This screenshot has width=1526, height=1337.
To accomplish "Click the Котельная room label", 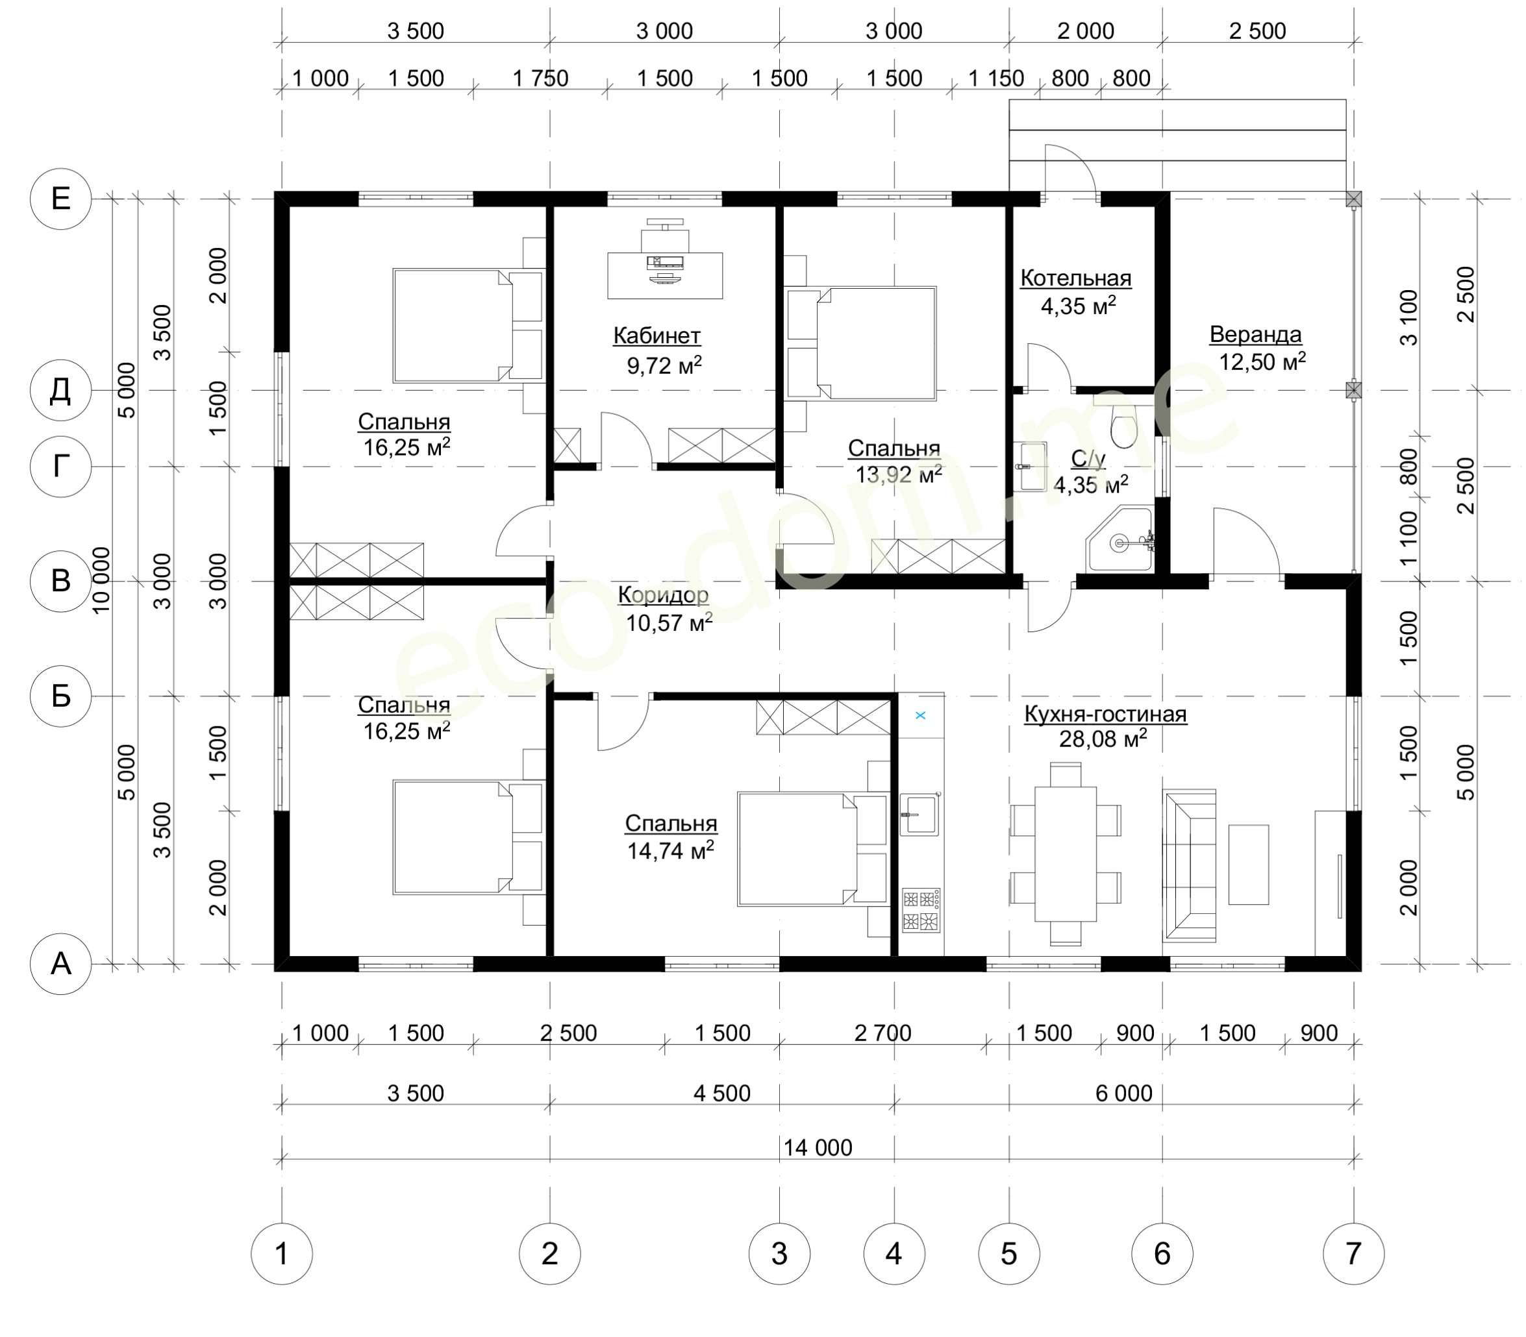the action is tap(1076, 278).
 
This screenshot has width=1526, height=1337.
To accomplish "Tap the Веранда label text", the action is tap(1255, 334).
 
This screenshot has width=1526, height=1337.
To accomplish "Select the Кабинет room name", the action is tap(657, 336).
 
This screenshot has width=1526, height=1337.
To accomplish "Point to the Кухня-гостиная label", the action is tap(1105, 714).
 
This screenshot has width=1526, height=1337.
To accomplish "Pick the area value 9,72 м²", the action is tap(664, 365).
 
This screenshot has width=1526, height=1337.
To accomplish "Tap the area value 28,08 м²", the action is tap(1103, 738).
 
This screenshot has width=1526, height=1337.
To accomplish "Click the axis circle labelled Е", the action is tap(60, 199).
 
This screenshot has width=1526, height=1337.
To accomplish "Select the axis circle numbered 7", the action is tap(1353, 1253).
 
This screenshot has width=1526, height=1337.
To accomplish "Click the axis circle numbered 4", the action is tap(894, 1253).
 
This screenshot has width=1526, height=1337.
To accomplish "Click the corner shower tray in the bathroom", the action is tap(1120, 539).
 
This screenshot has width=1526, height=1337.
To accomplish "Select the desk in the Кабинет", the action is tap(664, 275).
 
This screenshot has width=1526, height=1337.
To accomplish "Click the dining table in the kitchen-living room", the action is tap(1066, 853).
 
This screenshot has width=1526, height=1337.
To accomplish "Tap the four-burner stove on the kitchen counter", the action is tap(921, 910).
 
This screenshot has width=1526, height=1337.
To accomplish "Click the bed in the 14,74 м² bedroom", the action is tap(813, 849).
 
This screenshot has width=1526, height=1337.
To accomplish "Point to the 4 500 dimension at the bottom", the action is tap(722, 1093).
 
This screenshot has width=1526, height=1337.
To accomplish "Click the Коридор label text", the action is tap(664, 595).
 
